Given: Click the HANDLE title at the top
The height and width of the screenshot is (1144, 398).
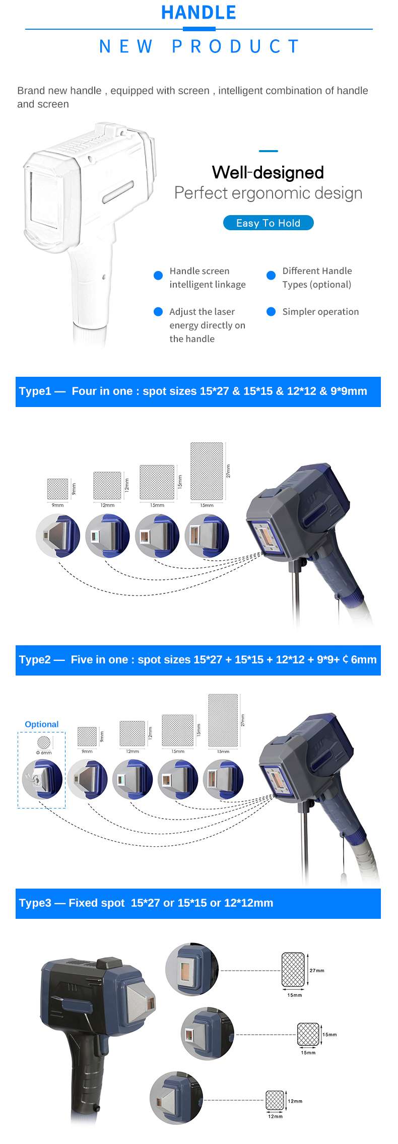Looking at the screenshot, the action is coord(198,12).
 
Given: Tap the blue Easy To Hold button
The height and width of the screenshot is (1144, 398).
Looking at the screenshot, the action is coord(268,223).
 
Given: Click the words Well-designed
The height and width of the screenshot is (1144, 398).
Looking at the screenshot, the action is coord(268,172).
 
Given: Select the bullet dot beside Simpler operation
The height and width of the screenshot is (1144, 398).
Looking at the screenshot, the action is coord(271,311).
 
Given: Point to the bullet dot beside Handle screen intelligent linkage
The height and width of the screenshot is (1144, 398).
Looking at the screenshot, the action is coord(158,275).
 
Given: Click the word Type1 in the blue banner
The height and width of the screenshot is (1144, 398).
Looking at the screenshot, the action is coord(35,391).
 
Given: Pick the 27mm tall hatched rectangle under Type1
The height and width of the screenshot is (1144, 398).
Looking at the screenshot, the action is coord(207,472).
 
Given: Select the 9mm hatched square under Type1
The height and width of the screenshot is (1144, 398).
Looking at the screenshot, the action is coord(57,489).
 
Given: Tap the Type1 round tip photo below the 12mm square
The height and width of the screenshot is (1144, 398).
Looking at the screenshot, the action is coord(107,535).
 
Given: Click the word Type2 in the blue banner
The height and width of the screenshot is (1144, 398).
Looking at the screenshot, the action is coord(35,660).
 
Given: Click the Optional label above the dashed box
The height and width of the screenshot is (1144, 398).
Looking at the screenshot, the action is coord(42,724).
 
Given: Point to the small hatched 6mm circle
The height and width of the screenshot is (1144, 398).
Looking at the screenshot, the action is coord(44,743).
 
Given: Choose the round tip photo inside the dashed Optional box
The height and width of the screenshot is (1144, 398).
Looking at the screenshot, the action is coord(42,779).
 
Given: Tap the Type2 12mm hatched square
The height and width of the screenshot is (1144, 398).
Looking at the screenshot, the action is coord(132,733).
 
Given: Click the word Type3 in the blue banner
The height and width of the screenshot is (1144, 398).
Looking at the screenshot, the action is coord(35,903).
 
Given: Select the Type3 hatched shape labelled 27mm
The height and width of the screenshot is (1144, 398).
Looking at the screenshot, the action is coord(293,970).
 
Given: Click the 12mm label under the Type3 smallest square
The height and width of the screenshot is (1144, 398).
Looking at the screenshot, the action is coord(275,1116).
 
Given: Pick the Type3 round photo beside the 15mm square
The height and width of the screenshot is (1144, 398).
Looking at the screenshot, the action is coord(208,1034).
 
